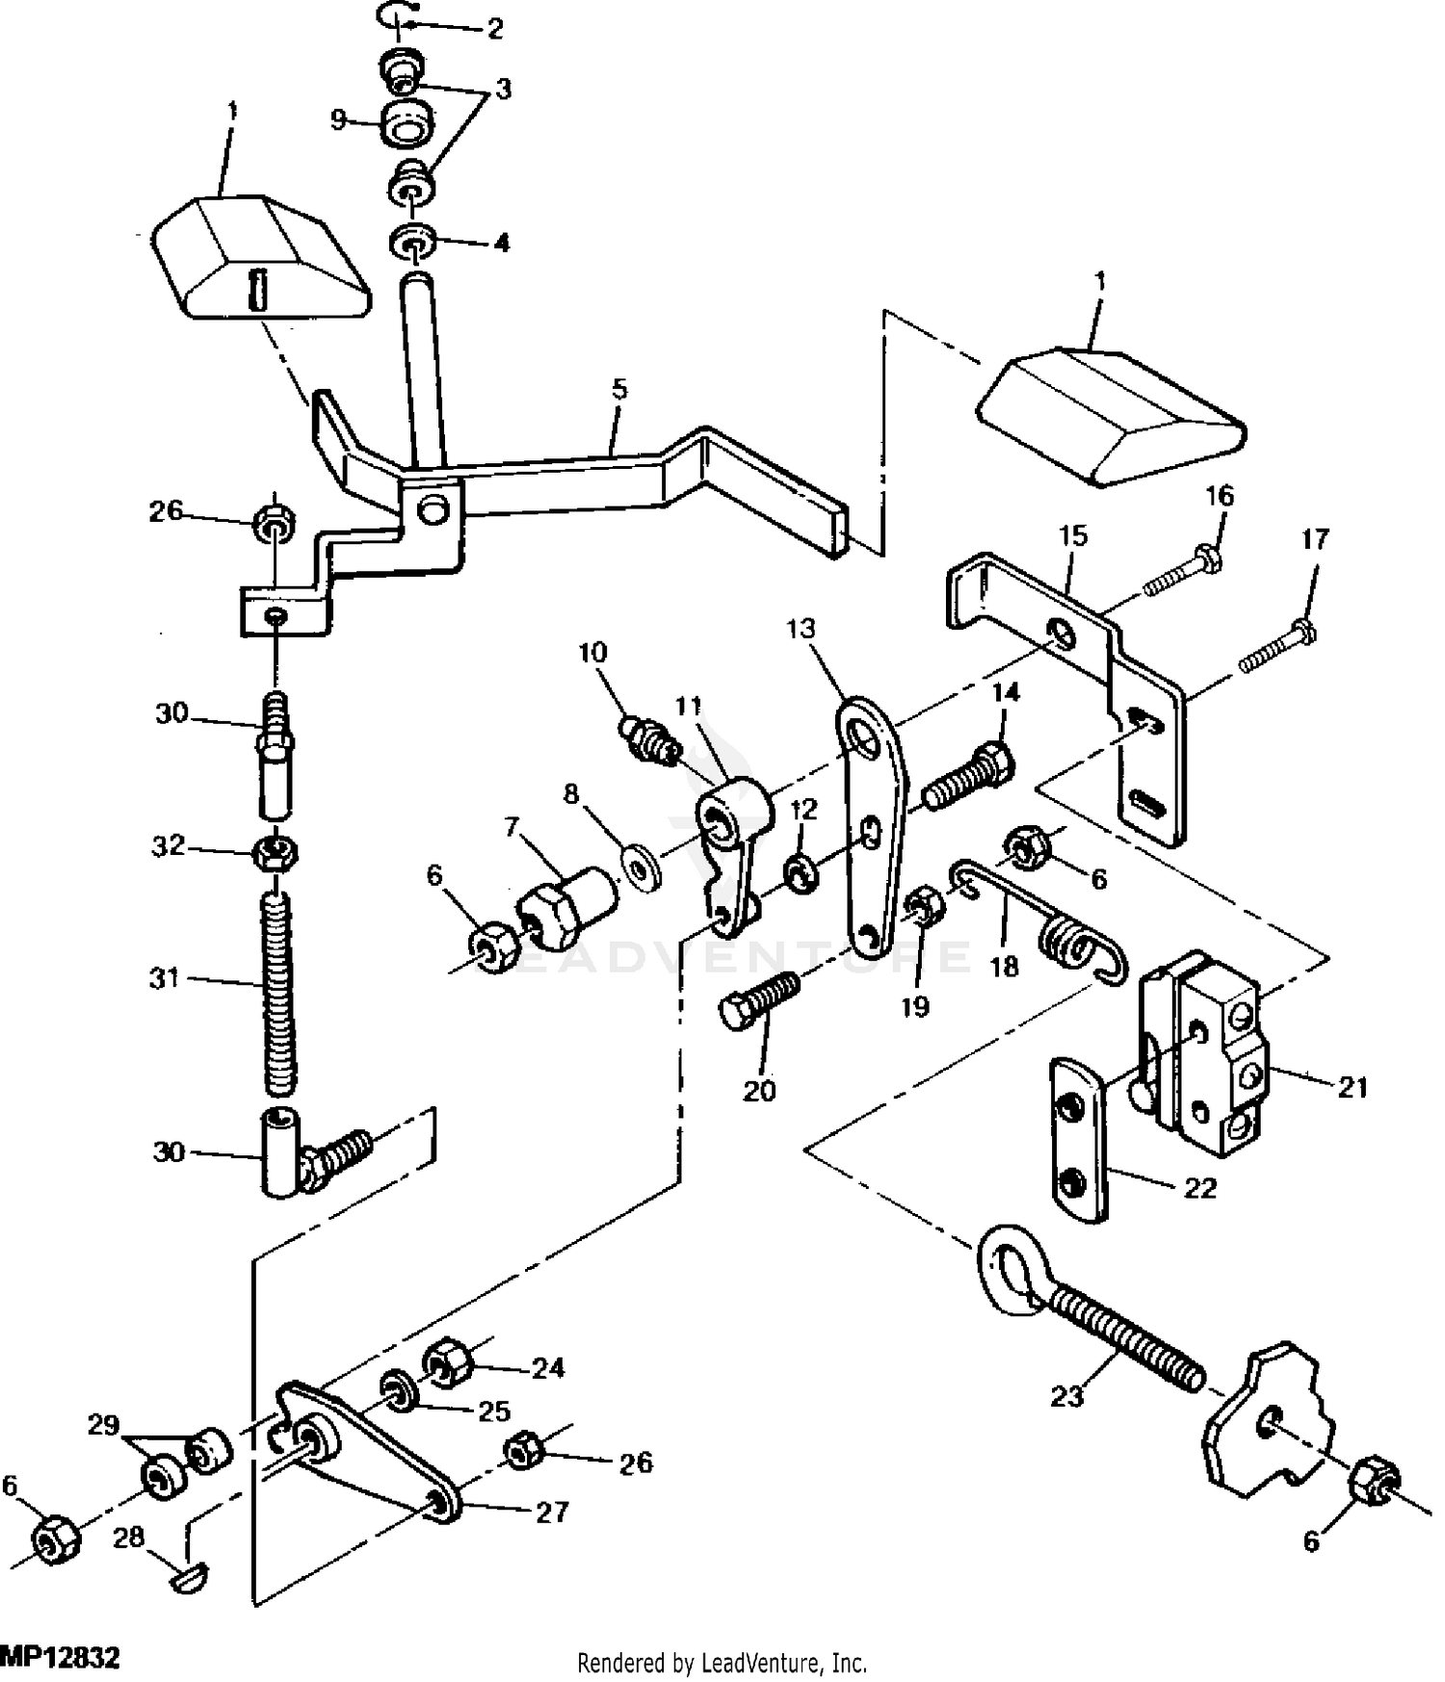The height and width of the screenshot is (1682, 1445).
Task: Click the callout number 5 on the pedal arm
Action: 618,390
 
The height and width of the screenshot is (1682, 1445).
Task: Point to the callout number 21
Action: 1353,1087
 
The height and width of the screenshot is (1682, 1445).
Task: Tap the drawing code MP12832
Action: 60,1658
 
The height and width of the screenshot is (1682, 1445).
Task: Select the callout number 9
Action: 338,120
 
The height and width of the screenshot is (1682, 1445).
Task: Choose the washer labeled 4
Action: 412,242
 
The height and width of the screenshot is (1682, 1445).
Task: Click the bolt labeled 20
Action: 760,1001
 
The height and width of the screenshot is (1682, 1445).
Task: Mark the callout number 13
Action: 801,630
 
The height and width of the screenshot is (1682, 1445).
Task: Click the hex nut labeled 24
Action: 444,1362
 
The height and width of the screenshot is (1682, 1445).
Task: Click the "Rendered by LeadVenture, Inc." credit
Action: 722,1663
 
